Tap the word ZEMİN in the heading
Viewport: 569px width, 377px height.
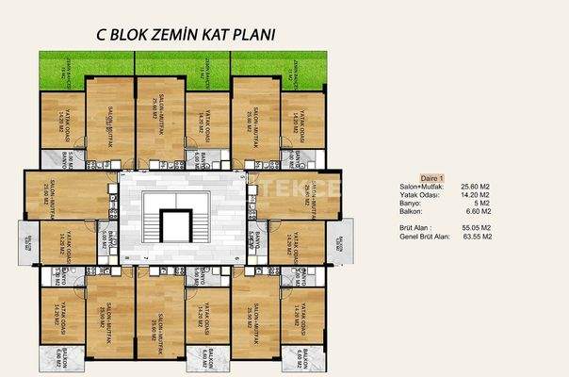[x=192, y=36]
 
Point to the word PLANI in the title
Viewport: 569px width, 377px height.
[x=275, y=36]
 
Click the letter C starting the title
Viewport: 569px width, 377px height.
[x=103, y=36]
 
